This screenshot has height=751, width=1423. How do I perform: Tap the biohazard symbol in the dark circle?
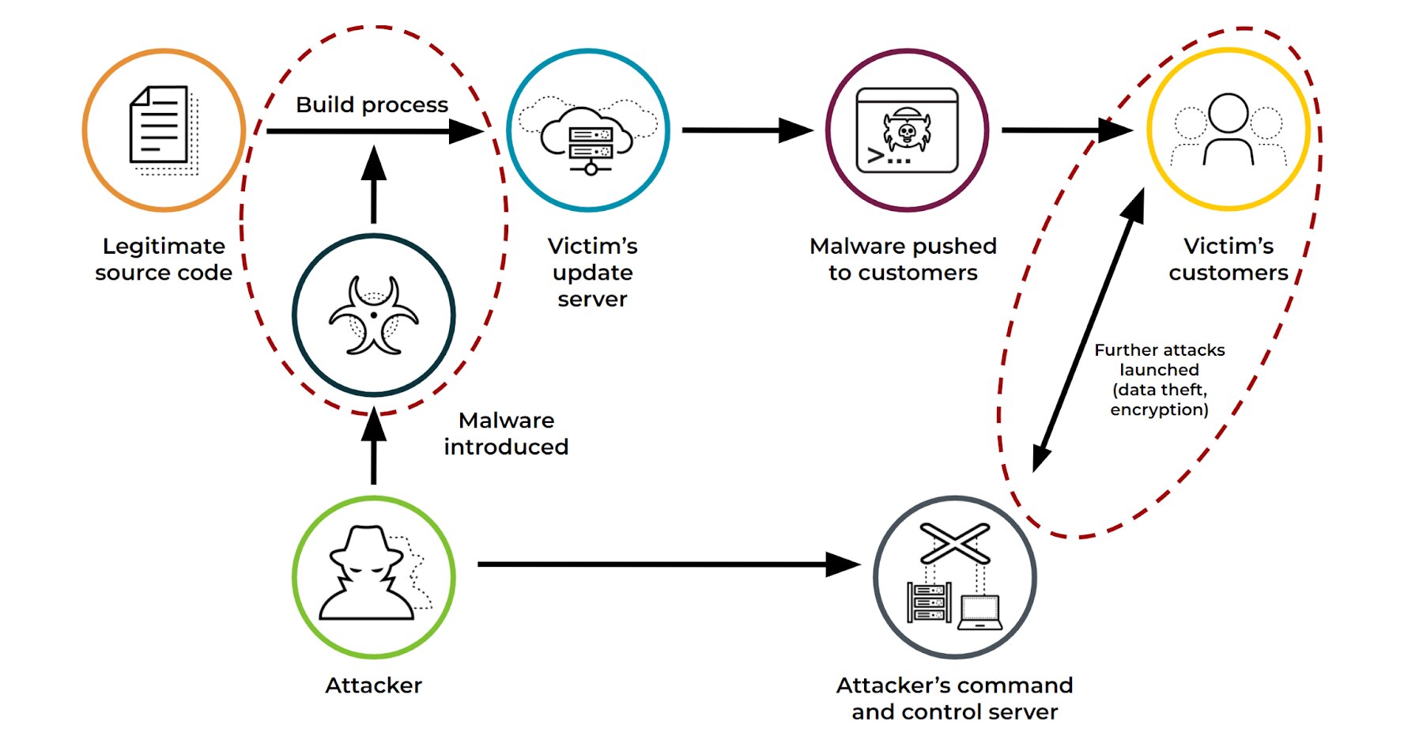373,315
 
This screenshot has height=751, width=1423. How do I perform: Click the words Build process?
372,104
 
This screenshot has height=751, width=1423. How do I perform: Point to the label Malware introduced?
506,433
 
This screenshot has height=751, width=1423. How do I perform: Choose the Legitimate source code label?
164,259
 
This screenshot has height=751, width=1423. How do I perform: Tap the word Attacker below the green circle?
373,685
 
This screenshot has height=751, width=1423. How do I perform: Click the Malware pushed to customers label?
903,259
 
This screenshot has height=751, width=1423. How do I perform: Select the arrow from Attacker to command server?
664,564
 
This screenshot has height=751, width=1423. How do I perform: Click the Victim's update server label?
592,272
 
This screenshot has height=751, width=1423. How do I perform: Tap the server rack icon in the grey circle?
929,602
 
